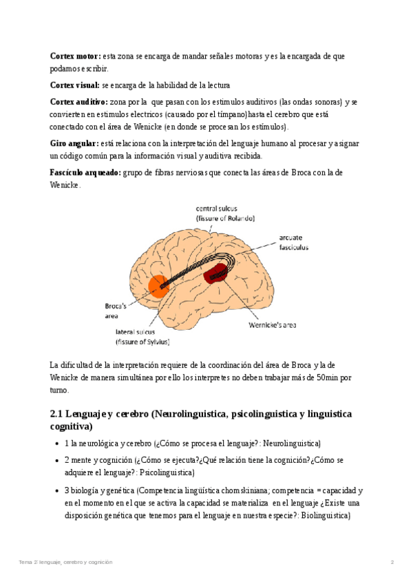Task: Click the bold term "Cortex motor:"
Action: pyautogui.click(x=76, y=56)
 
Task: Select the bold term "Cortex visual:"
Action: pyautogui.click(x=75, y=85)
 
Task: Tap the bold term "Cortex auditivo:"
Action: pyautogui.click(x=78, y=102)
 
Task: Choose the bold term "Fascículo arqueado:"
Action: pyautogui.click(x=85, y=172)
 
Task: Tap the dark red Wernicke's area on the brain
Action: pyautogui.click(x=216, y=273)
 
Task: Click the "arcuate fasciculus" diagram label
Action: pyautogui.click(x=294, y=242)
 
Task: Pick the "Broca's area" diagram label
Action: pyautogui.click(x=115, y=309)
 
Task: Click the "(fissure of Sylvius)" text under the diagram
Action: pyautogui.click(x=142, y=342)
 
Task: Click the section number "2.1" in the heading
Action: pyautogui.click(x=59, y=413)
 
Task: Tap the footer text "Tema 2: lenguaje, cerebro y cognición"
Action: pyautogui.click(x=66, y=562)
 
